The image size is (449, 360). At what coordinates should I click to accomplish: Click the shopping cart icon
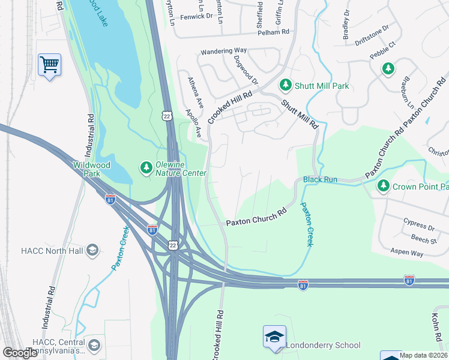(x=49, y=64)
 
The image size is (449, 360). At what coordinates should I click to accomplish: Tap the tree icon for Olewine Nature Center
(x=145, y=168)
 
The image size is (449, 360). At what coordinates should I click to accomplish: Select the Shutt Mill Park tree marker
(x=286, y=86)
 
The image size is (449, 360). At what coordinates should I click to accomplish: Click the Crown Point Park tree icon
(x=384, y=187)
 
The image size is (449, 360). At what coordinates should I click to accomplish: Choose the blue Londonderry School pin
(x=274, y=337)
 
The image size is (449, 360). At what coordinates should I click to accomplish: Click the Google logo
(x=20, y=353)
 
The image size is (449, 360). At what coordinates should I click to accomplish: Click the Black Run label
(x=320, y=179)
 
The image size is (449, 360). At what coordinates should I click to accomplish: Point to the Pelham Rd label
(x=273, y=32)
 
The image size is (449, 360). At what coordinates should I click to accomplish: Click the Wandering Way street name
(x=223, y=52)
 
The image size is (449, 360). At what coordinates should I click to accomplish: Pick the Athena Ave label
(x=196, y=92)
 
